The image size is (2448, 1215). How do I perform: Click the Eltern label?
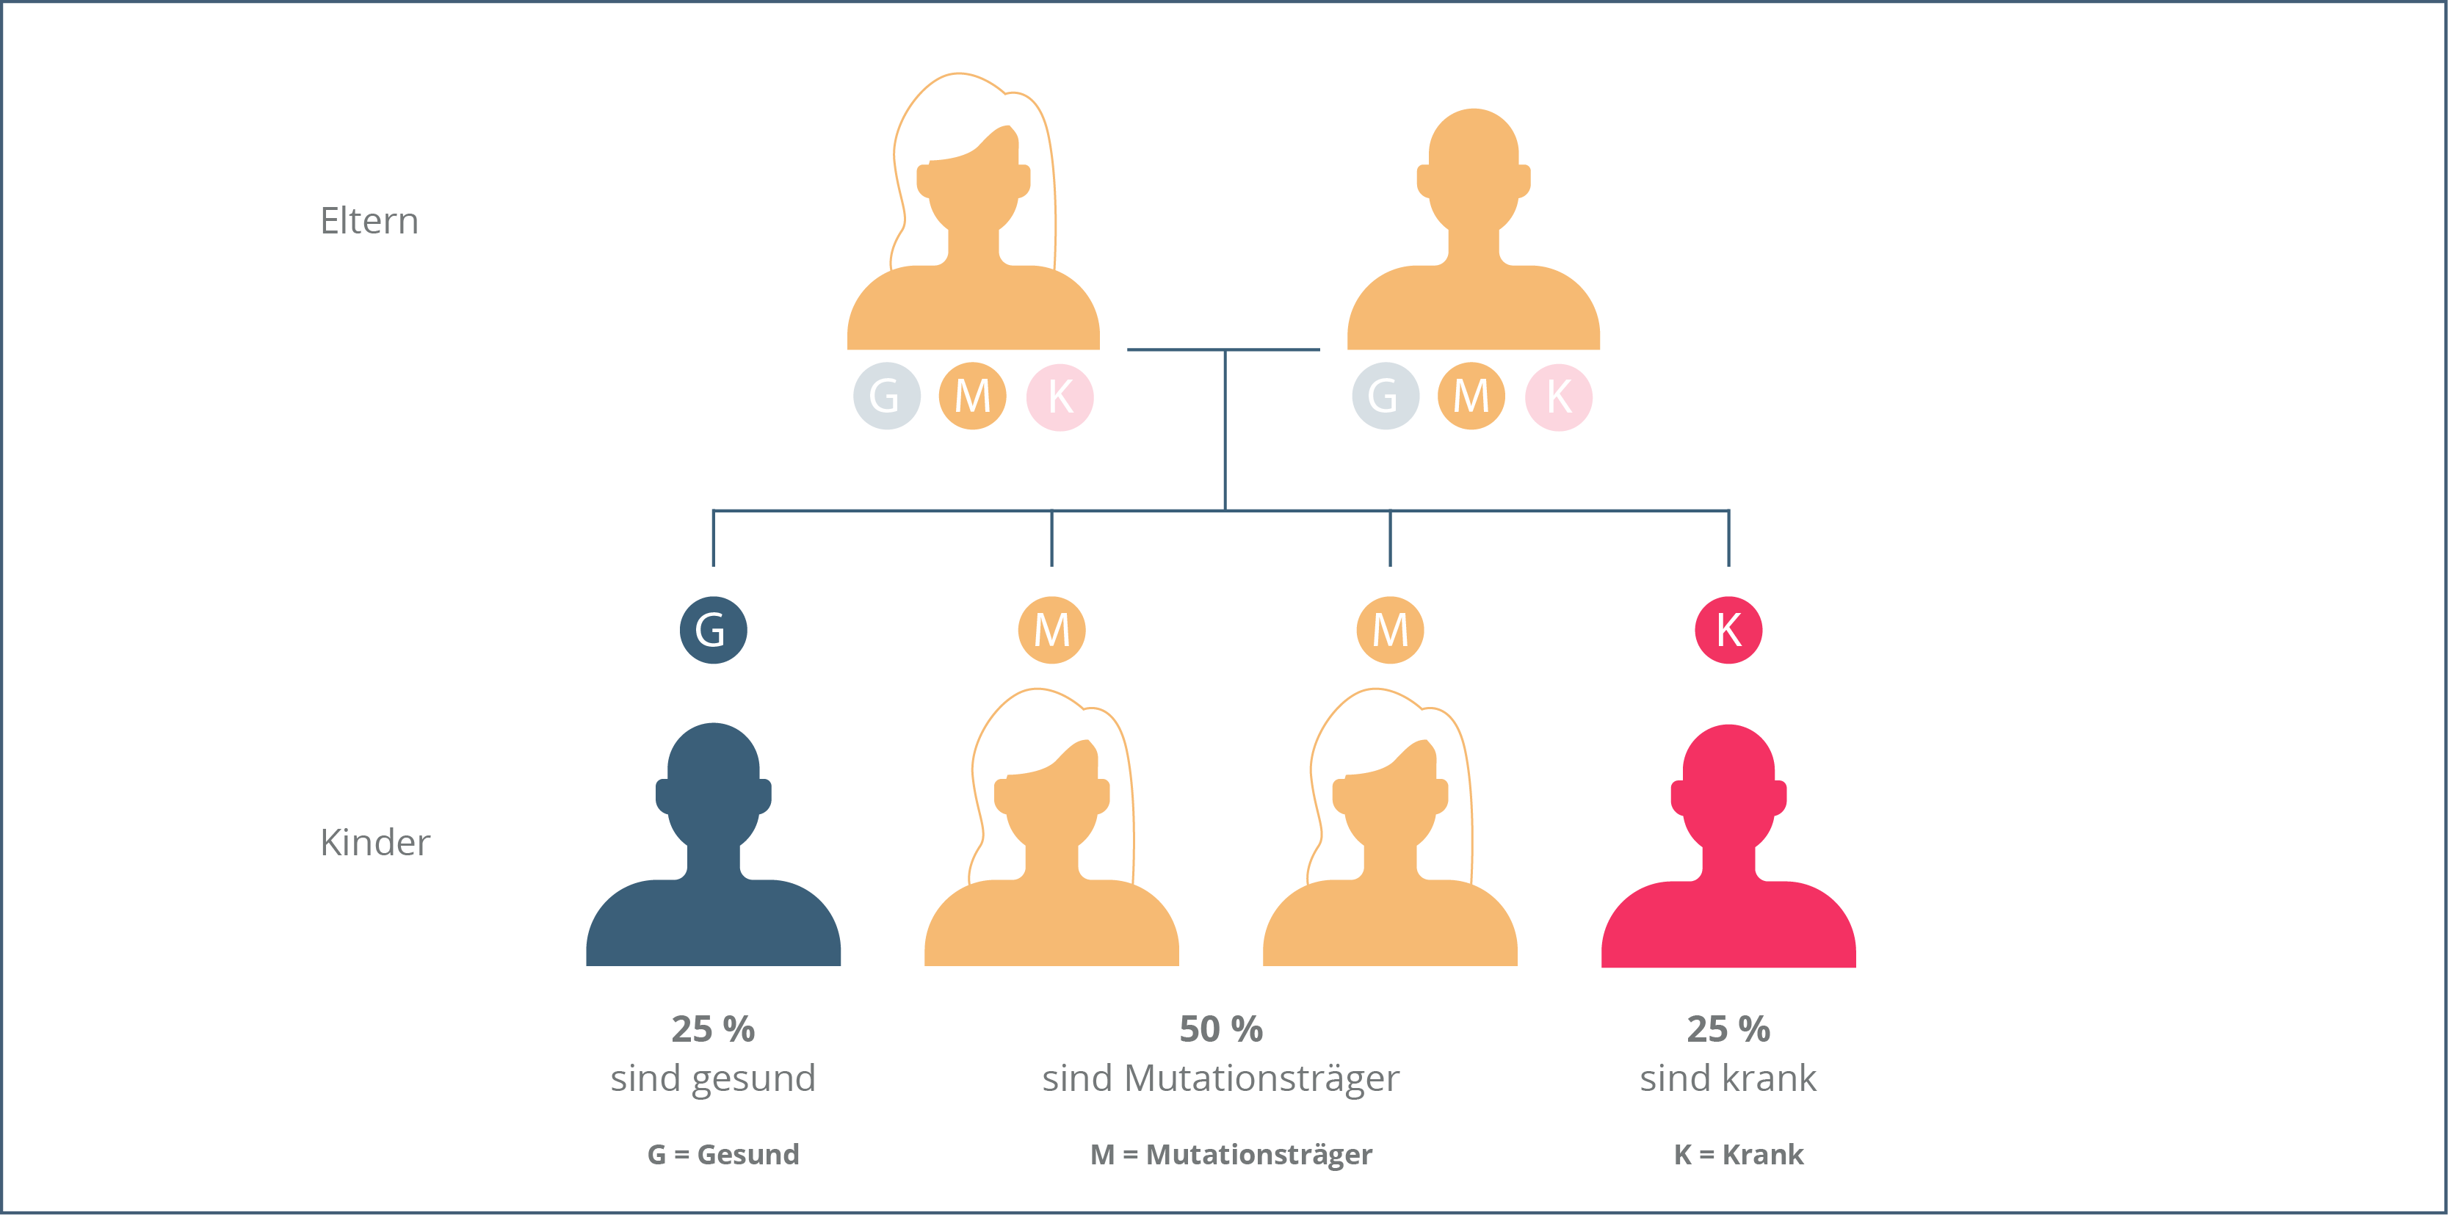pos(369,220)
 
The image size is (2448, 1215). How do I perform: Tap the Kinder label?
pos(374,841)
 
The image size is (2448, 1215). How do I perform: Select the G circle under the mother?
pos(886,396)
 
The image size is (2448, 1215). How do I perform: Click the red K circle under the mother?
pos(1060,396)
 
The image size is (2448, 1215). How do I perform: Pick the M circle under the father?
pos(1471,396)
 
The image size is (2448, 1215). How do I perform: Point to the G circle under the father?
pos(1385,396)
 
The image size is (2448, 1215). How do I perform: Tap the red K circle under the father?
pos(1559,396)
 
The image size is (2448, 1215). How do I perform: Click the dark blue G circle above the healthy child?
pos(713,630)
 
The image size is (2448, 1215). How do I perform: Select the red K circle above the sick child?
pos(1728,630)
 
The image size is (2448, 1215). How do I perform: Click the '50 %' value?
pos(1220,1029)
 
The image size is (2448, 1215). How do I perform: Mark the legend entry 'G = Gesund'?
pos(723,1154)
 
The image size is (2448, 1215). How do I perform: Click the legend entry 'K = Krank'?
pos(1738,1154)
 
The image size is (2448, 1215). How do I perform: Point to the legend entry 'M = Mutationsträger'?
pos(1231,1154)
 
